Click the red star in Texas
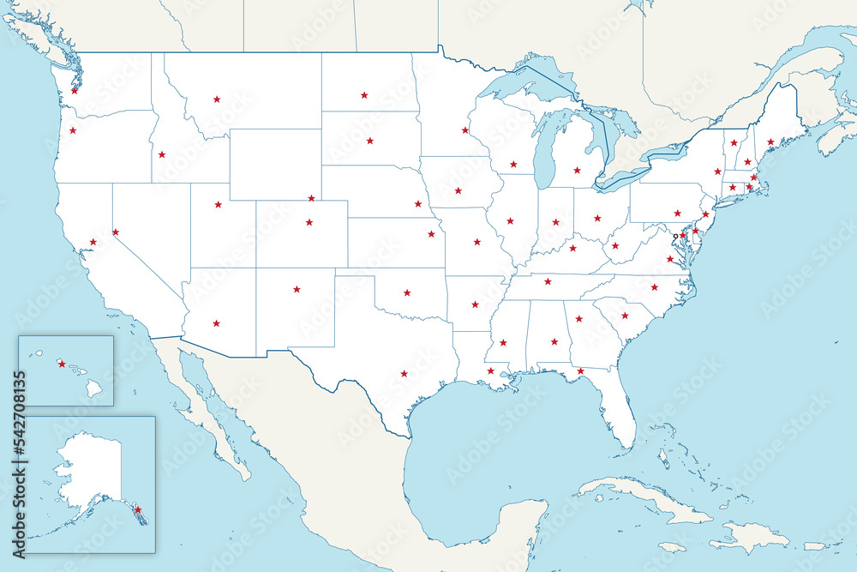click(x=404, y=373)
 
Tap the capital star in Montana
click(x=217, y=99)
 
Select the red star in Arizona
click(x=216, y=323)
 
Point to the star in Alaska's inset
click(x=137, y=509)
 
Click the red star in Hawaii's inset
click(x=61, y=363)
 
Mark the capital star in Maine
click(x=770, y=141)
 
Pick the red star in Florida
click(x=580, y=371)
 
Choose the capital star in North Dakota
click(x=364, y=95)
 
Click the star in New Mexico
click(x=297, y=289)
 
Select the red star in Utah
click(x=218, y=204)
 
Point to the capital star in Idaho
click(x=161, y=155)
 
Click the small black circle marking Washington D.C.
click(x=675, y=236)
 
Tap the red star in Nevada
click(x=115, y=232)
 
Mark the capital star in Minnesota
click(x=464, y=130)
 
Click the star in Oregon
click(x=73, y=130)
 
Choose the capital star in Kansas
click(x=431, y=233)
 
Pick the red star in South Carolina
click(x=624, y=316)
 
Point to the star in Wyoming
click(x=311, y=198)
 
